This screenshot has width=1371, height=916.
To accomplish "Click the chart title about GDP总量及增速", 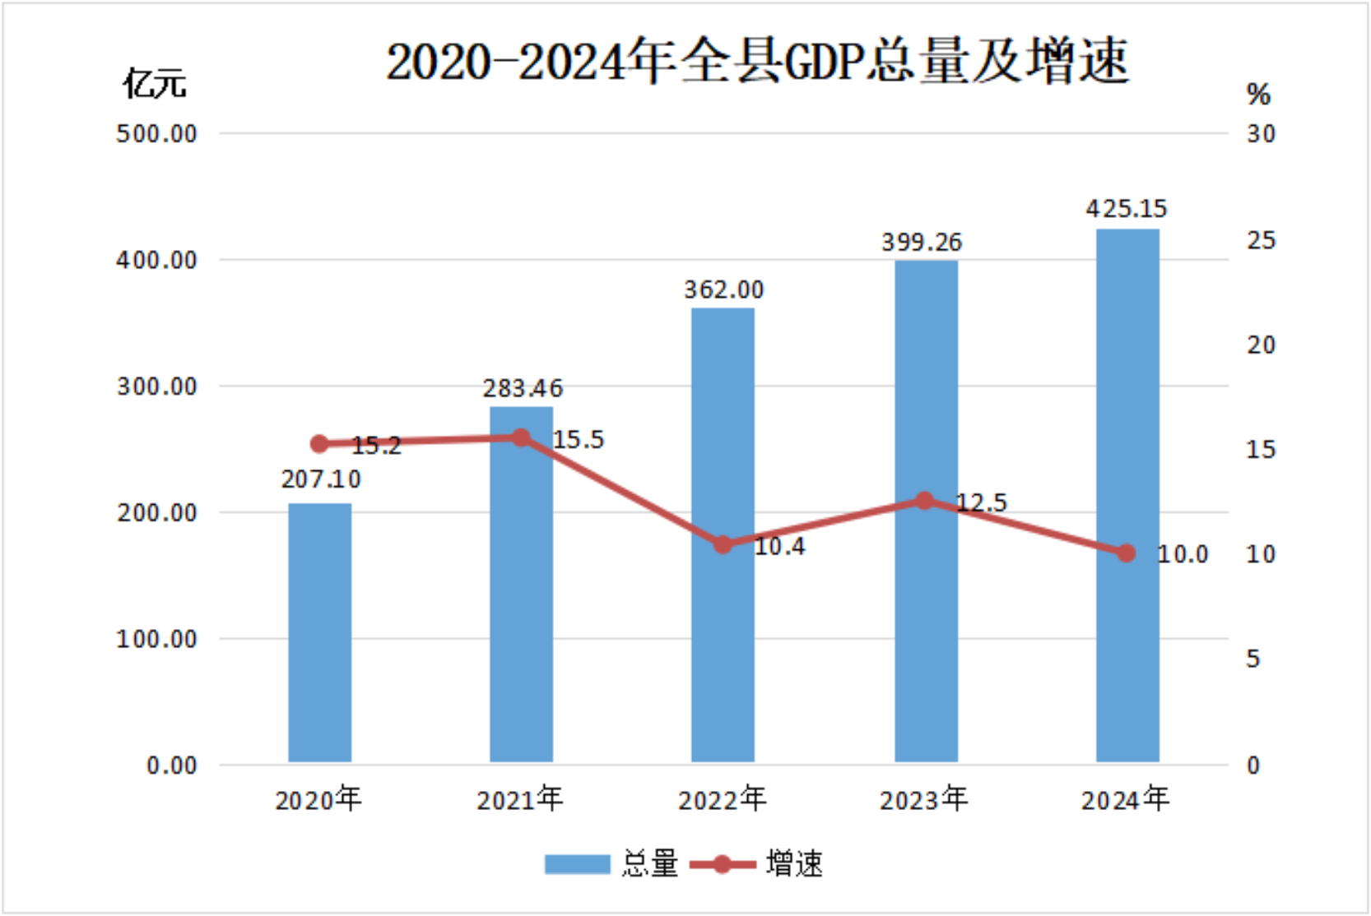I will (x=757, y=61).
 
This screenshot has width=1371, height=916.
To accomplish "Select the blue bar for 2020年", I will (x=319, y=633).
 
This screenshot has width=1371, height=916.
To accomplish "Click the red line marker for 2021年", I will (x=522, y=437).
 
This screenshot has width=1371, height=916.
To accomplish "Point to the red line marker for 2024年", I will (x=1127, y=553).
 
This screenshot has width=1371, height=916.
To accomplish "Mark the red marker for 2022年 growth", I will (x=723, y=544).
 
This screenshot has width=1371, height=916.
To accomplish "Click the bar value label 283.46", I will (x=523, y=387).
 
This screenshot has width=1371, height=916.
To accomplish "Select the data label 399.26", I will (x=922, y=242).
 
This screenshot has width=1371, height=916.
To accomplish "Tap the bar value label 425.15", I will (x=1126, y=208).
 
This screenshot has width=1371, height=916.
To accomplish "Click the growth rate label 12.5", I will (x=981, y=502).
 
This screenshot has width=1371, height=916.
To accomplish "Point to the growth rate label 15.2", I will (x=376, y=446).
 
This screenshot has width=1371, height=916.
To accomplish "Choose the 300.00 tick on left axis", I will (x=157, y=386).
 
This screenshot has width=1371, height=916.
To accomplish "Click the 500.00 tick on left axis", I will (x=157, y=133).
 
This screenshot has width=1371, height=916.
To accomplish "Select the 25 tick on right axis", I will (x=1260, y=240).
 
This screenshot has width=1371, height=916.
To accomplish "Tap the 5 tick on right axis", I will (x=1253, y=659).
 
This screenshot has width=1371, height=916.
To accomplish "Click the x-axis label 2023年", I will (x=923, y=799).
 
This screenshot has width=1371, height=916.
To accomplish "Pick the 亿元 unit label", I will (x=155, y=84).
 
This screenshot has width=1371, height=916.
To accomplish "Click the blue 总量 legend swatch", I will (x=577, y=864).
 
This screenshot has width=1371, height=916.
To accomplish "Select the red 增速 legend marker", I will (x=722, y=864).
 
